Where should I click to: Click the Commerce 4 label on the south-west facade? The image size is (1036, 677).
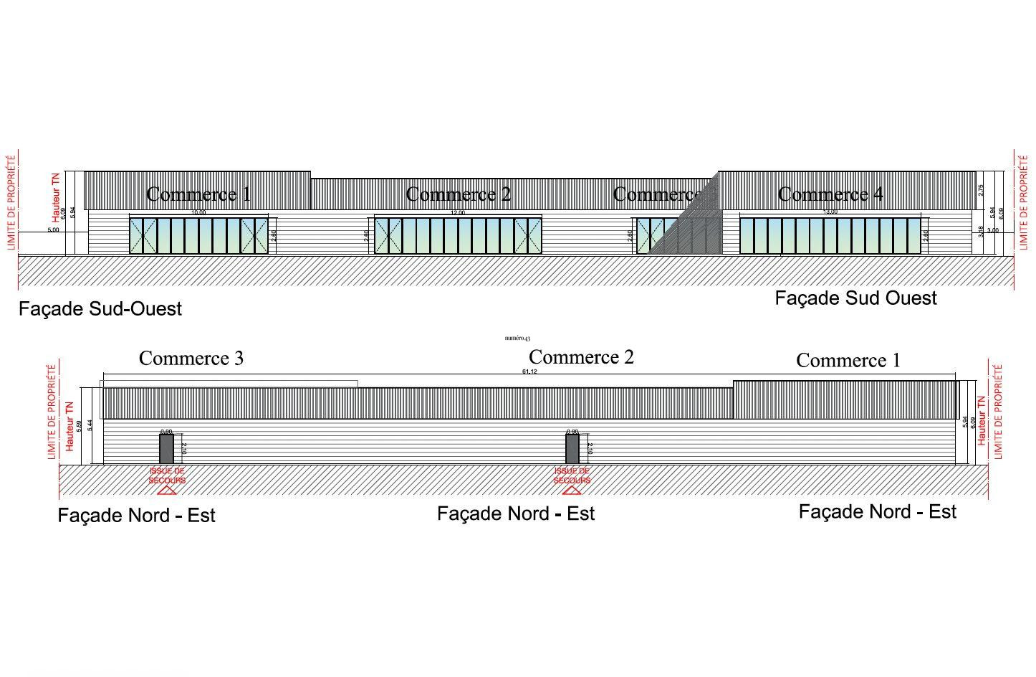pyautogui.click(x=830, y=194)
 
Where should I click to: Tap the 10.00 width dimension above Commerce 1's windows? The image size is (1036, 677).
pyautogui.click(x=198, y=212)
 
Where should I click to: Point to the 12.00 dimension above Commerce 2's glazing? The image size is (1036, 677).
pyautogui.click(x=457, y=213)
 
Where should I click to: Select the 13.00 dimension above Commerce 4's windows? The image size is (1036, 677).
pyautogui.click(x=830, y=212)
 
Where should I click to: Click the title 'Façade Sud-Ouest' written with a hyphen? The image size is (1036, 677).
pyautogui.click(x=100, y=309)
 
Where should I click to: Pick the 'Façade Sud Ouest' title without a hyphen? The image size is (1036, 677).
pyautogui.click(x=855, y=298)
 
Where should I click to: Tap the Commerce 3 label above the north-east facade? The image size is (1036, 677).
pyautogui.click(x=191, y=358)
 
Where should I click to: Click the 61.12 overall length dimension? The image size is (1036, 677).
pyautogui.click(x=529, y=371)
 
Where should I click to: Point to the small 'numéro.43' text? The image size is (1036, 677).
pyautogui.click(x=517, y=338)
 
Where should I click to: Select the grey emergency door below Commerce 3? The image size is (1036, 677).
pyautogui.click(x=166, y=449)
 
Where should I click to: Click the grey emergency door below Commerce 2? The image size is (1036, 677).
pyautogui.click(x=572, y=449)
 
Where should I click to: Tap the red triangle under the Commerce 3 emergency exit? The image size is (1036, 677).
pyautogui.click(x=167, y=491)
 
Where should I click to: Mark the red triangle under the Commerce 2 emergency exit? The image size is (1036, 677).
pyautogui.click(x=572, y=491)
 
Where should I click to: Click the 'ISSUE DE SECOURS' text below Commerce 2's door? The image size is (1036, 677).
pyautogui.click(x=572, y=475)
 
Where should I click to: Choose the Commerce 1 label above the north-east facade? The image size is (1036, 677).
pyautogui.click(x=848, y=360)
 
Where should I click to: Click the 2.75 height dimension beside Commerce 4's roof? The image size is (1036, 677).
pyautogui.click(x=981, y=191)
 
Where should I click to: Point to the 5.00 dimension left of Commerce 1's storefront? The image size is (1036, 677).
pyautogui.click(x=54, y=230)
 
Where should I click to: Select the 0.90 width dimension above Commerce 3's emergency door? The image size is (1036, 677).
pyautogui.click(x=166, y=432)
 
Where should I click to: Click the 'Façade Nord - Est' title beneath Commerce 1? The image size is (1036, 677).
pyautogui.click(x=877, y=512)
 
